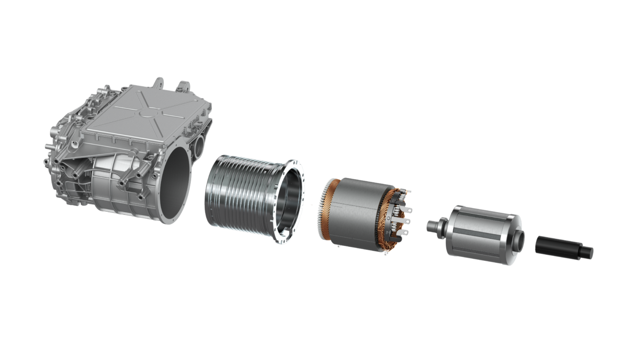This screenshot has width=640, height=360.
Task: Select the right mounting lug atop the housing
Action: [x=184, y=85]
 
